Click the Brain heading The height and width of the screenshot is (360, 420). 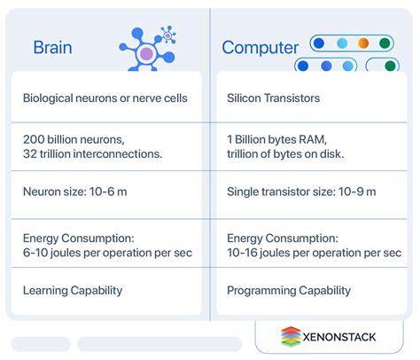tap(52, 48)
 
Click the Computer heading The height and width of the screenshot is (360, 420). tap(261, 48)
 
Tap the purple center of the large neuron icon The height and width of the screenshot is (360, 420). tap(146, 54)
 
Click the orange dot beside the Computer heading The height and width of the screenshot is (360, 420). tap(363, 43)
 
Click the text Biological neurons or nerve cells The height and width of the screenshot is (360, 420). tap(105, 98)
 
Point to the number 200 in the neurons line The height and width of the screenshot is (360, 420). tap(34, 139)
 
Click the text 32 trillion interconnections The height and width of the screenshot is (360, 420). tap(93, 153)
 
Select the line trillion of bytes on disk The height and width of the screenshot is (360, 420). tap(285, 153)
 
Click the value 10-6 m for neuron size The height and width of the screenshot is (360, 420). tap(108, 192)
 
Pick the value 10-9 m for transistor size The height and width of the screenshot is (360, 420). tap(357, 192)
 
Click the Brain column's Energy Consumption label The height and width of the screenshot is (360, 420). tap(79, 239)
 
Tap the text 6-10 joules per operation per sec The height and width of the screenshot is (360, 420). tap(107, 253)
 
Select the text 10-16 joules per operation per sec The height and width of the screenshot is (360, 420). tap(315, 253)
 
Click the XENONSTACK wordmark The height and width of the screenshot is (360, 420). tap(339, 337)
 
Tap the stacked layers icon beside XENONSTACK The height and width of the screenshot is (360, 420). tap(291, 336)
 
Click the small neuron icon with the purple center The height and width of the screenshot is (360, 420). tap(167, 35)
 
